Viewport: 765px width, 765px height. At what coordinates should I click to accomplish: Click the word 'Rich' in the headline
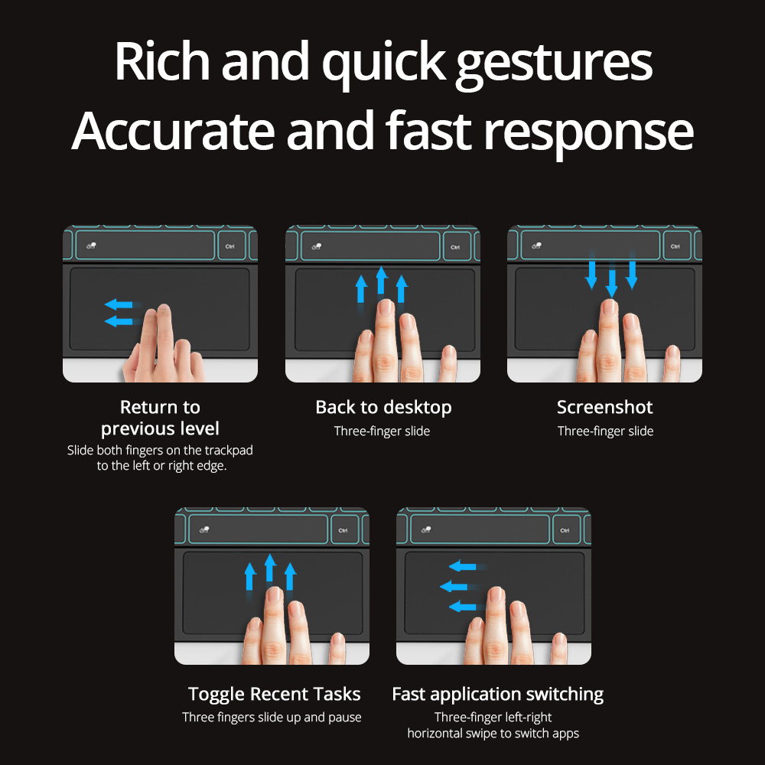click(x=162, y=61)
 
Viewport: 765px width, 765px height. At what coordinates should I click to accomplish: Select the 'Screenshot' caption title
click(x=604, y=407)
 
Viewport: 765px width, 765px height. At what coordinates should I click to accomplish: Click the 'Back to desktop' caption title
click(x=383, y=408)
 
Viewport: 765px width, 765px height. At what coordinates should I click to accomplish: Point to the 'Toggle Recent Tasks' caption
click(x=274, y=695)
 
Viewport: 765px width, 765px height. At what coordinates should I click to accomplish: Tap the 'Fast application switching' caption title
click(x=498, y=695)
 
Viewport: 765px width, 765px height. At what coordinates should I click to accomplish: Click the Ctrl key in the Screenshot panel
click(x=675, y=246)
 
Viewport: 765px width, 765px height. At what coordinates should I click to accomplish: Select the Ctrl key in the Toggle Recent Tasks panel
click(x=343, y=530)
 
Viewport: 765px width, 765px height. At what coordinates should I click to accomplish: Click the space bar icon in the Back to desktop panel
click(x=317, y=246)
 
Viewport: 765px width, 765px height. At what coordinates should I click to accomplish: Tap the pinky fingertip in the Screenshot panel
click(x=673, y=353)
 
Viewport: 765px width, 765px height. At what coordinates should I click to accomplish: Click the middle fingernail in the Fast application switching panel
click(x=496, y=594)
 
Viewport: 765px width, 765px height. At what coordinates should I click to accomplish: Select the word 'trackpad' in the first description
click(x=229, y=451)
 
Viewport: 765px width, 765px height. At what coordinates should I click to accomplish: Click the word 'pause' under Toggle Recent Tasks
click(x=346, y=718)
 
